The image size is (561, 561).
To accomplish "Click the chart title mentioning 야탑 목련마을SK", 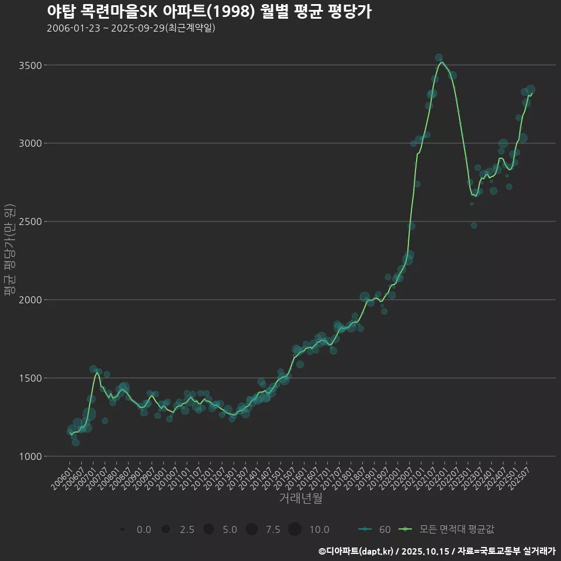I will click(209, 12).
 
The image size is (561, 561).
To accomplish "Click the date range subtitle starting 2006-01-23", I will click(131, 28).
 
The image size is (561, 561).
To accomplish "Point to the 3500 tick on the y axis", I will click(30, 65).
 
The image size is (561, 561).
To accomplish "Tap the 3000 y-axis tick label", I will click(30, 143).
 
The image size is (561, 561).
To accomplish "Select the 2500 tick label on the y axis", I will click(30, 221).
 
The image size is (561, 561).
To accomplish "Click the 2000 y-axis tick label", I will click(30, 300).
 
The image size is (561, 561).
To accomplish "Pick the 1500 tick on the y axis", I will click(30, 378).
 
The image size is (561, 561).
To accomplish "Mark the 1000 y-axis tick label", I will click(30, 456).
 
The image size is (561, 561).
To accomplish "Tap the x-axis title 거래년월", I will click(300, 498).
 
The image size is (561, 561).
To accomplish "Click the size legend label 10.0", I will click(318, 529).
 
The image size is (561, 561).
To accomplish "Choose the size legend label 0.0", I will click(144, 529).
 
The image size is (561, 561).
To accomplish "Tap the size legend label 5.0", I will click(230, 529).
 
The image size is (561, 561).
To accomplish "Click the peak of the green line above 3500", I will click(442, 62).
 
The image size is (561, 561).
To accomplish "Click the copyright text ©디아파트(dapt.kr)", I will click(356, 551).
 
